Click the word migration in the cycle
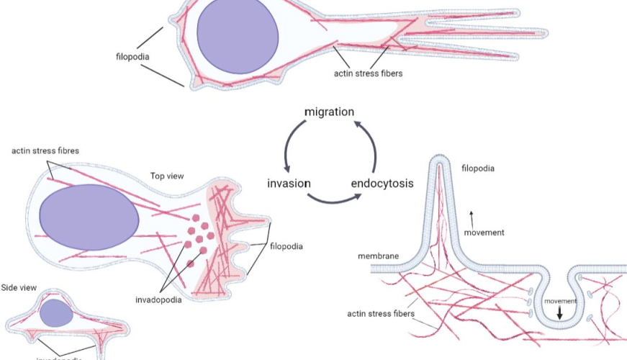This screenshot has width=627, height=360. tap(329, 112)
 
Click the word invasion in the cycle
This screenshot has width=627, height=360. tap(289, 183)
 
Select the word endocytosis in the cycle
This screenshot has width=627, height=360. tap(382, 183)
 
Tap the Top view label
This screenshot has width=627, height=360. tap(168, 175)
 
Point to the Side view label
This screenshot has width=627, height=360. tap(19, 287)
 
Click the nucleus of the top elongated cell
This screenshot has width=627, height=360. tap(237, 35)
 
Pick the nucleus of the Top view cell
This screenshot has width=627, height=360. tap(89, 217)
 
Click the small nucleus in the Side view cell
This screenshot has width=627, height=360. tap(56, 312)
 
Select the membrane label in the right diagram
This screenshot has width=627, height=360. tap(378, 256)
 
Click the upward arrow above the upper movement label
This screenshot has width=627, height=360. tap(472, 212)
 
